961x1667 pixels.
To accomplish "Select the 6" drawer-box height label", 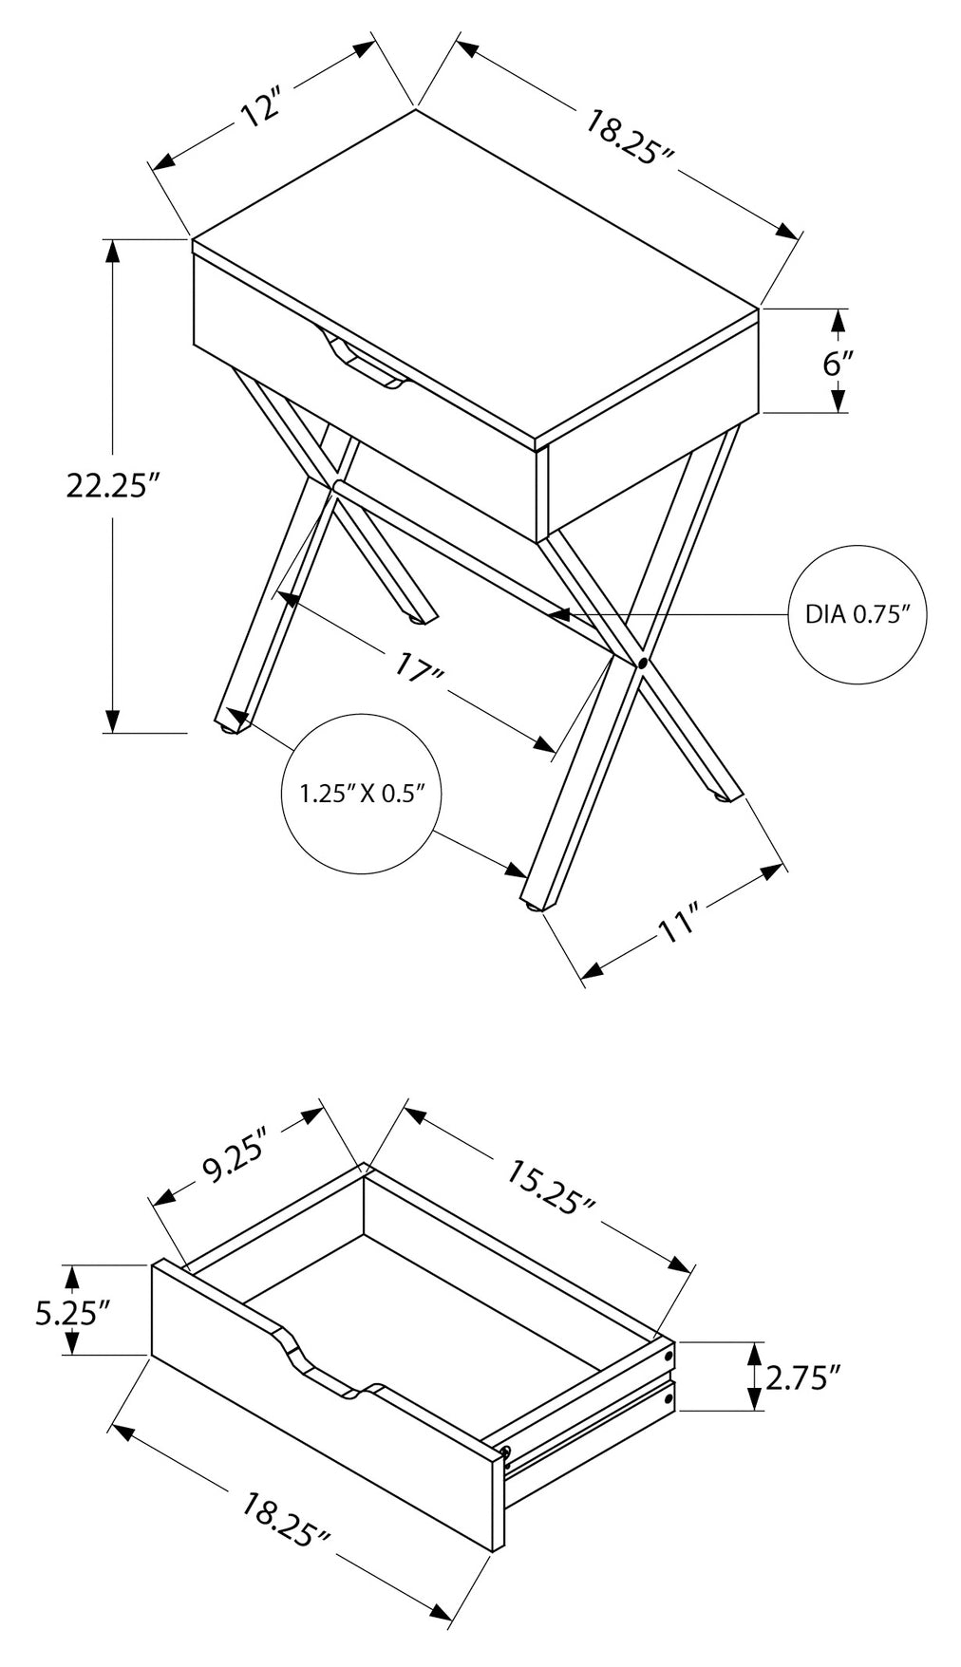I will click(837, 363).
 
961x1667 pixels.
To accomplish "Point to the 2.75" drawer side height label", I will click(803, 1377).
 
